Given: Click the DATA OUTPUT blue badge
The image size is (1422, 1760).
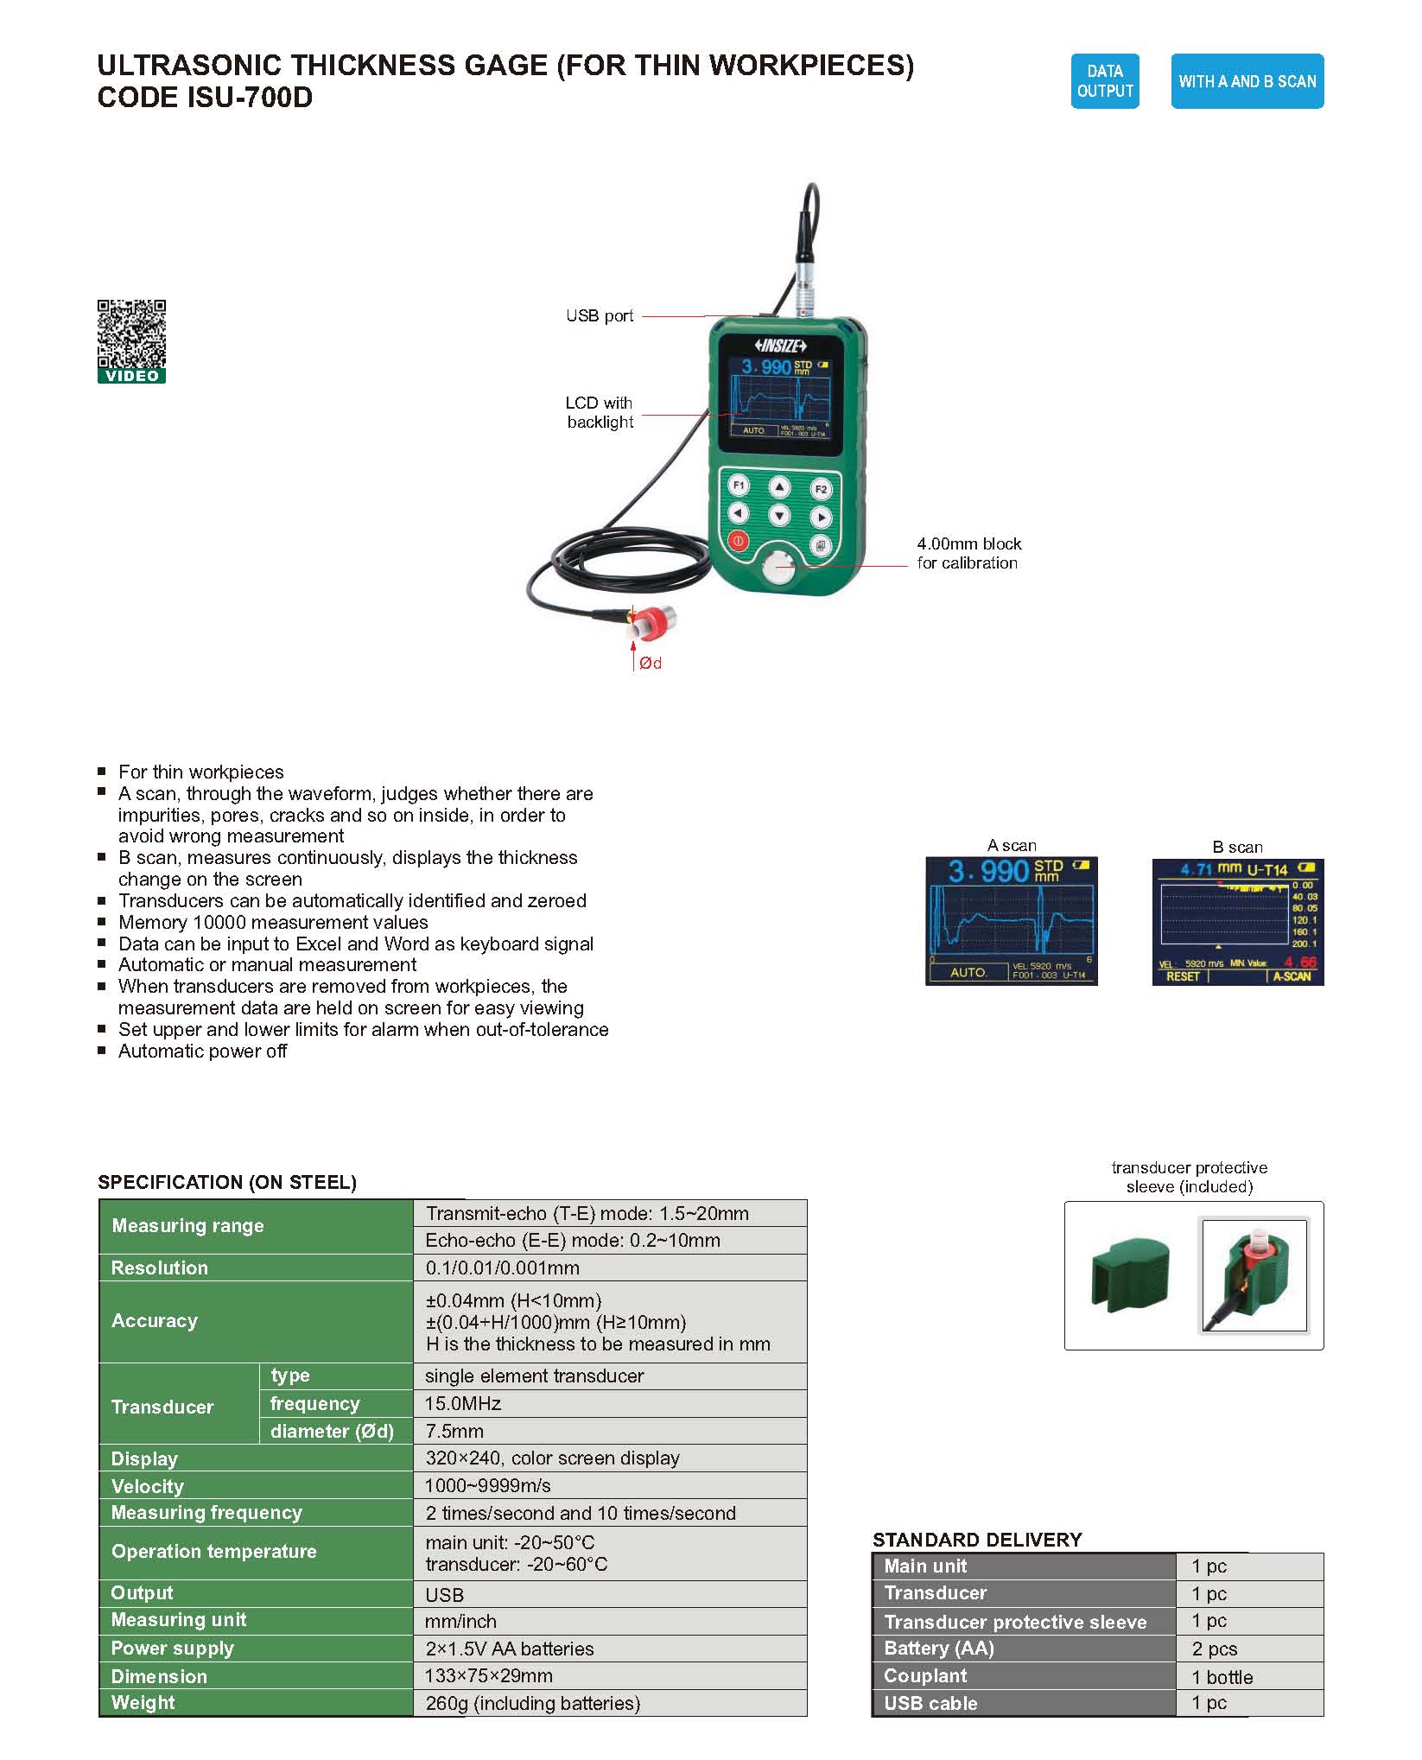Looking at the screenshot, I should pos(1104,81).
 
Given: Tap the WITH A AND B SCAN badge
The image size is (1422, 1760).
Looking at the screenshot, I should pos(1247,81).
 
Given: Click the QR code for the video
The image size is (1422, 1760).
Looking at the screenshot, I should pos(131,335).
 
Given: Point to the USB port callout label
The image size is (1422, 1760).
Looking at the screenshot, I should pos(600,316).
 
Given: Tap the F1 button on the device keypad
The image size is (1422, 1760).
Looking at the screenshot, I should pos(739,486).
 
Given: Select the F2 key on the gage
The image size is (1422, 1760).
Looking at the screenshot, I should pos(821,489).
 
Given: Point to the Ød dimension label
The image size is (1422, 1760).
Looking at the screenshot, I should pos(651,664).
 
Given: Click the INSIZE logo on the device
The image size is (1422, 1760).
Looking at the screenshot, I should pos(780,346).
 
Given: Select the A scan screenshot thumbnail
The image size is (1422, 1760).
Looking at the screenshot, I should pos(1011,920).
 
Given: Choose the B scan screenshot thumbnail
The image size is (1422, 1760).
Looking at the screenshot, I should pos(1237,921).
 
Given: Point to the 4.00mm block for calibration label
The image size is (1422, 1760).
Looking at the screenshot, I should pos(968,553).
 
